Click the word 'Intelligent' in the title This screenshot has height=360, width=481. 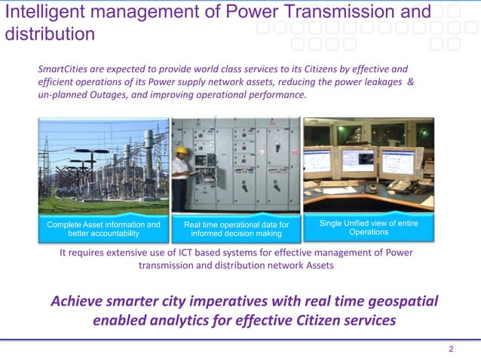[38, 12]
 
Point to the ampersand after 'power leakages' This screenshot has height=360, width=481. [410, 82]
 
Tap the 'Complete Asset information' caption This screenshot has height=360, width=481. [104, 229]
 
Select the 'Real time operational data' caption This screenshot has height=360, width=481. [236, 229]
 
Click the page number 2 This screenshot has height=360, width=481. [451, 349]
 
